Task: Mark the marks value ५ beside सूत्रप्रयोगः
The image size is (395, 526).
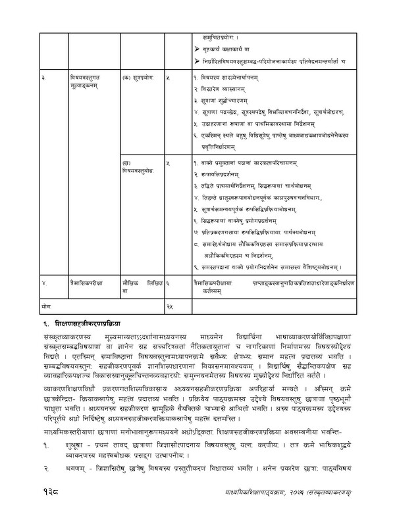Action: coord(169,78)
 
